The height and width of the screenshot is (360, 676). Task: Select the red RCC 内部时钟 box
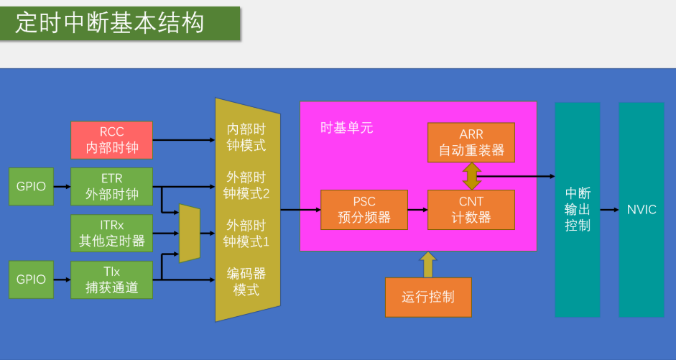(111, 140)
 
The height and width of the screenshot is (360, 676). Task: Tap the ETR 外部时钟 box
(111, 186)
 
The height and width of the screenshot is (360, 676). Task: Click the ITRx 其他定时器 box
(111, 233)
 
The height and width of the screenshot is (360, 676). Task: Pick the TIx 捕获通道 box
(111, 280)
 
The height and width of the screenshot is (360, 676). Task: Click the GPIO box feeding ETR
(31, 186)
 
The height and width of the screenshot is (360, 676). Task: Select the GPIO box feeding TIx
(31, 280)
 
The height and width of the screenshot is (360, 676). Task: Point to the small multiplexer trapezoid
(189, 234)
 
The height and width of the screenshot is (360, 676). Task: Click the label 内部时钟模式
(246, 137)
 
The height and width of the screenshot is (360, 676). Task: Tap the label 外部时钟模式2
(246, 185)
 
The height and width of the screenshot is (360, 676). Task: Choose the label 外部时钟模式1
(246, 233)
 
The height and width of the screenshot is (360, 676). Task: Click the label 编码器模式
(246, 282)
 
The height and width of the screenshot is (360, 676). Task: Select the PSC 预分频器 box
(364, 209)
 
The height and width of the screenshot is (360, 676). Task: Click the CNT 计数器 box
(471, 209)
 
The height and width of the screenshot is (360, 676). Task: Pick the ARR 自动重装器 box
(471, 142)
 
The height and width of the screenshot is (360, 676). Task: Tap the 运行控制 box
(428, 297)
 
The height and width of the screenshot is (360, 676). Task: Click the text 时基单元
(346, 129)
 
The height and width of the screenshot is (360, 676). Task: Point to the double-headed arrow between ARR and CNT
(471, 176)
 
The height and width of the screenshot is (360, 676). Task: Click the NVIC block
(641, 210)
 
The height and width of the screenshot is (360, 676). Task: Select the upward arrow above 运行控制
(428, 264)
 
